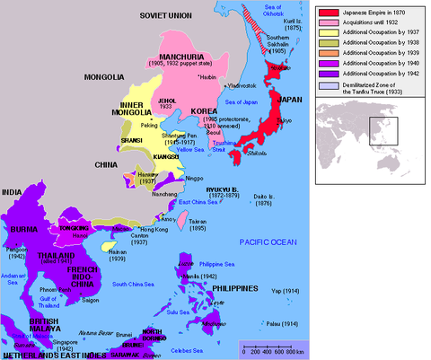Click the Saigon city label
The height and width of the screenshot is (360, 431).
pos(90,299)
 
